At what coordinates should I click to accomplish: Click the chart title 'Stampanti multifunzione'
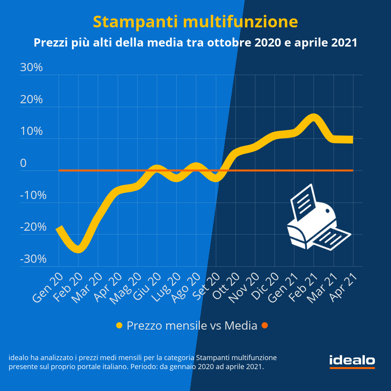tap(195, 22)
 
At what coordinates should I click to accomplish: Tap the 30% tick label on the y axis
tap(31, 68)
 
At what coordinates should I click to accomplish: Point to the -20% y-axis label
tap(33, 227)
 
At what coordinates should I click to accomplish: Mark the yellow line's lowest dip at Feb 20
tap(78, 249)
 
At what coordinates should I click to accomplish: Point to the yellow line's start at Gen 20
tap(59, 228)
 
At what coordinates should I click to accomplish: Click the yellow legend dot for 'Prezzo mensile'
tap(120, 325)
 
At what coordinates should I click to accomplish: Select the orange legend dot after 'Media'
tap(265, 325)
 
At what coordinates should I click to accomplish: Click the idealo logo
tap(352, 361)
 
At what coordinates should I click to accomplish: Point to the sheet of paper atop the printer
tap(304, 201)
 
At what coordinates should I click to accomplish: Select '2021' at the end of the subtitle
tap(344, 42)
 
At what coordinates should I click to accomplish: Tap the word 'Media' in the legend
tap(241, 325)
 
